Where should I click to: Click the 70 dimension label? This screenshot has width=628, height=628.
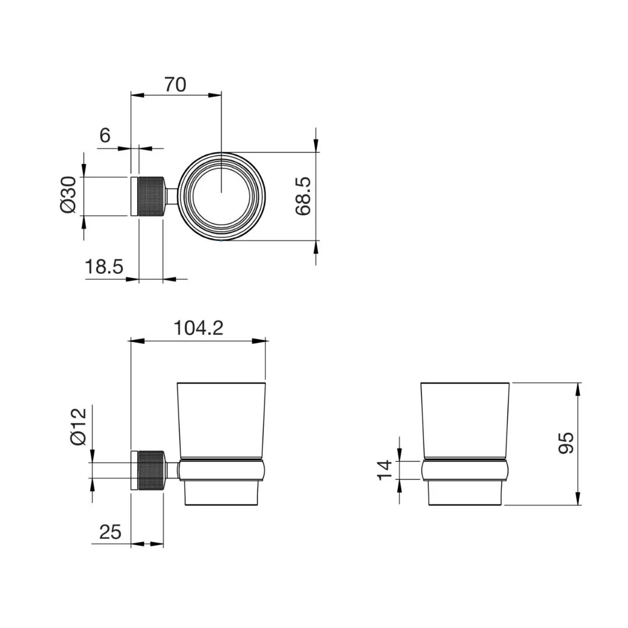[x=175, y=85]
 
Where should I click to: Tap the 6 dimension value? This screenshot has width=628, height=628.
[x=105, y=135]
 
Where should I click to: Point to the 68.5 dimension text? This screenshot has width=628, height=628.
[x=303, y=197]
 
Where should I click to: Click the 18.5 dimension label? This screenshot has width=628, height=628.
[x=104, y=266]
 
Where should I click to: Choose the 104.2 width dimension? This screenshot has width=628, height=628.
[x=198, y=329]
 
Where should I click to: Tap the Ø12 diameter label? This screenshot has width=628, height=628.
[x=78, y=427]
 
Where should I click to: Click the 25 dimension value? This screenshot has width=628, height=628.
[x=110, y=532]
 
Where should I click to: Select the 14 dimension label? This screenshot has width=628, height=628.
[x=384, y=470]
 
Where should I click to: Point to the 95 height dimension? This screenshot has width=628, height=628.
[x=566, y=443]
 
